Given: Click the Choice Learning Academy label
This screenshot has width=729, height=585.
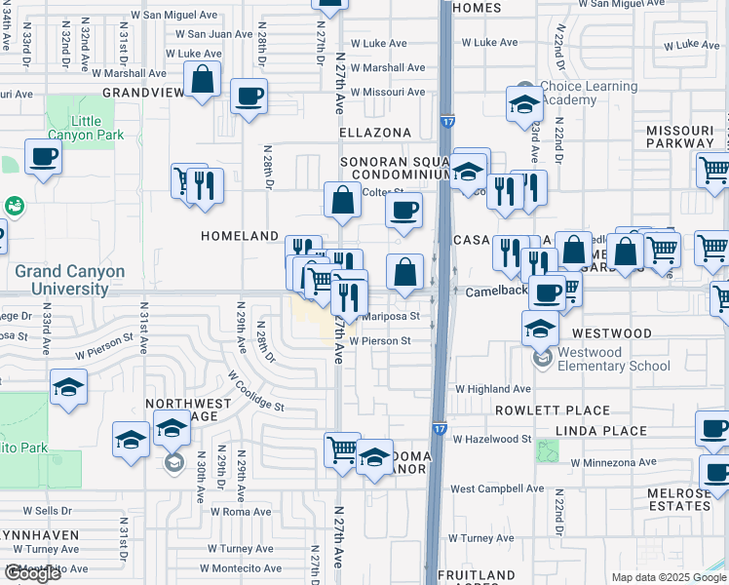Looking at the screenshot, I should (x=584, y=93).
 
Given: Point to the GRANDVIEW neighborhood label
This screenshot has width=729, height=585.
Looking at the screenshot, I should (x=144, y=93).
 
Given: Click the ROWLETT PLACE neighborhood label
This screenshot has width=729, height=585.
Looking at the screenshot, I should (x=552, y=410).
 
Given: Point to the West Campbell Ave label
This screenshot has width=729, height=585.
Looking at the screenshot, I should (x=496, y=487).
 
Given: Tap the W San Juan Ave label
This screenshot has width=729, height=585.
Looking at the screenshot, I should (x=214, y=34).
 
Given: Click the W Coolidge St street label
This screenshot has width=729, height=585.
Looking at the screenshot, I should (x=256, y=391).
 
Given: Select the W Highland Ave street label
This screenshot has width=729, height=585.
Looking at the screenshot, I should (x=493, y=388).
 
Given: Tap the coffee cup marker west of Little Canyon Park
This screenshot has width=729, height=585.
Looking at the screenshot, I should (x=42, y=157).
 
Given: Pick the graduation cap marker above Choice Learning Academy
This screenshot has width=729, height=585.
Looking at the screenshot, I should (x=524, y=102).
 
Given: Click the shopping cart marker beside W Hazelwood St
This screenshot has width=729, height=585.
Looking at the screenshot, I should (x=342, y=450).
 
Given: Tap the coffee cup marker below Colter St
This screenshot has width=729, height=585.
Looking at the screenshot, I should (x=403, y=209).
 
